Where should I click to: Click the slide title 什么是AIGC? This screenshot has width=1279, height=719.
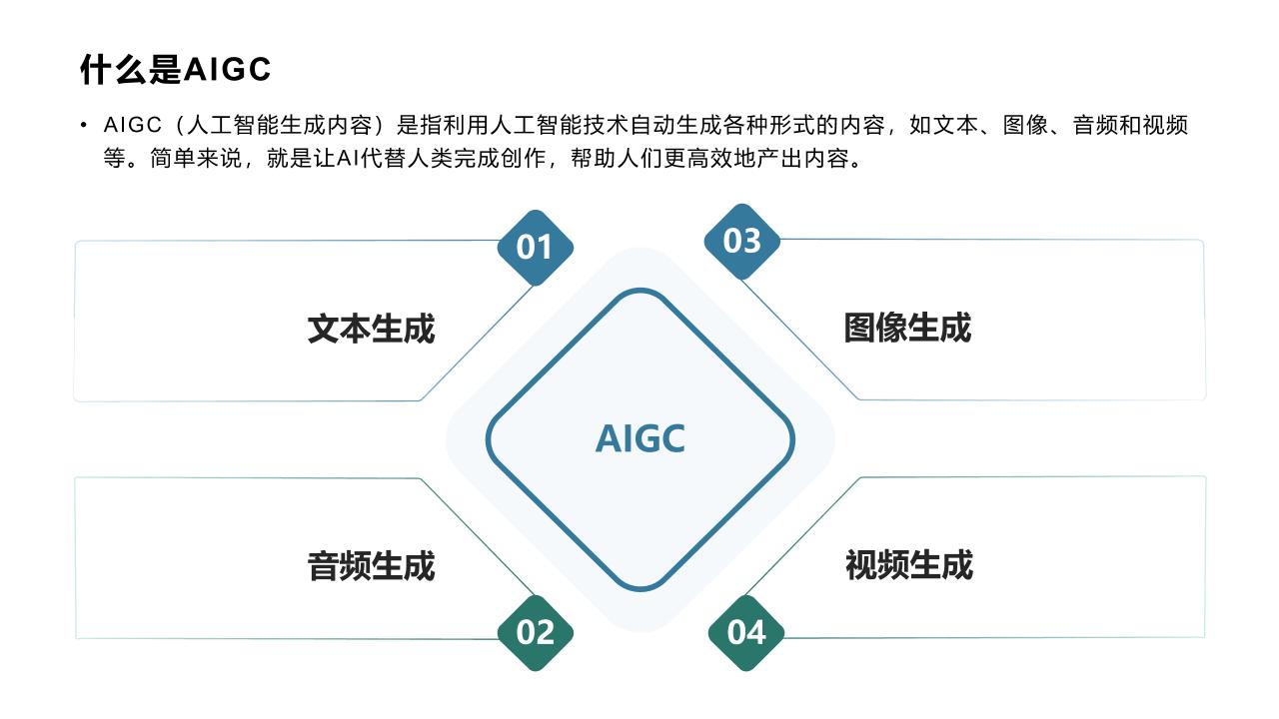175,70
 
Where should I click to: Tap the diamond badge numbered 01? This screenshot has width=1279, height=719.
535,248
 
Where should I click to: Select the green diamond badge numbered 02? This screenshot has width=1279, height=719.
535,633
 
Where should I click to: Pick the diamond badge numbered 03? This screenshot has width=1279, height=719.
741,242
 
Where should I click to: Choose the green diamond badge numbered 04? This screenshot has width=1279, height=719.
745,633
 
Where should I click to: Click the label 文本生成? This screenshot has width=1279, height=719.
371,329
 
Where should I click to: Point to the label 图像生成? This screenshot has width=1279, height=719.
908,328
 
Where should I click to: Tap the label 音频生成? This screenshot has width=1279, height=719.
371,566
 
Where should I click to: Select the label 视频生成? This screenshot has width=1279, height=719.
909,565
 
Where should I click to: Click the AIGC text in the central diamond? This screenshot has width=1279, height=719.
640,438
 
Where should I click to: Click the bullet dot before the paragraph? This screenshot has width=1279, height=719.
84,125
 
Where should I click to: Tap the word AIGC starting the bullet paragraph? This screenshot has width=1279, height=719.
133,125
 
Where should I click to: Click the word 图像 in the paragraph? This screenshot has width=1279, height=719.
1025,125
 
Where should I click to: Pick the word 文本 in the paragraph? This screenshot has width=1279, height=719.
955,125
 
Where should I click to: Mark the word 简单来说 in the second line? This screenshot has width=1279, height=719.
196,158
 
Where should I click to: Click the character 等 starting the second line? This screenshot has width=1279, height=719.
114,158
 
